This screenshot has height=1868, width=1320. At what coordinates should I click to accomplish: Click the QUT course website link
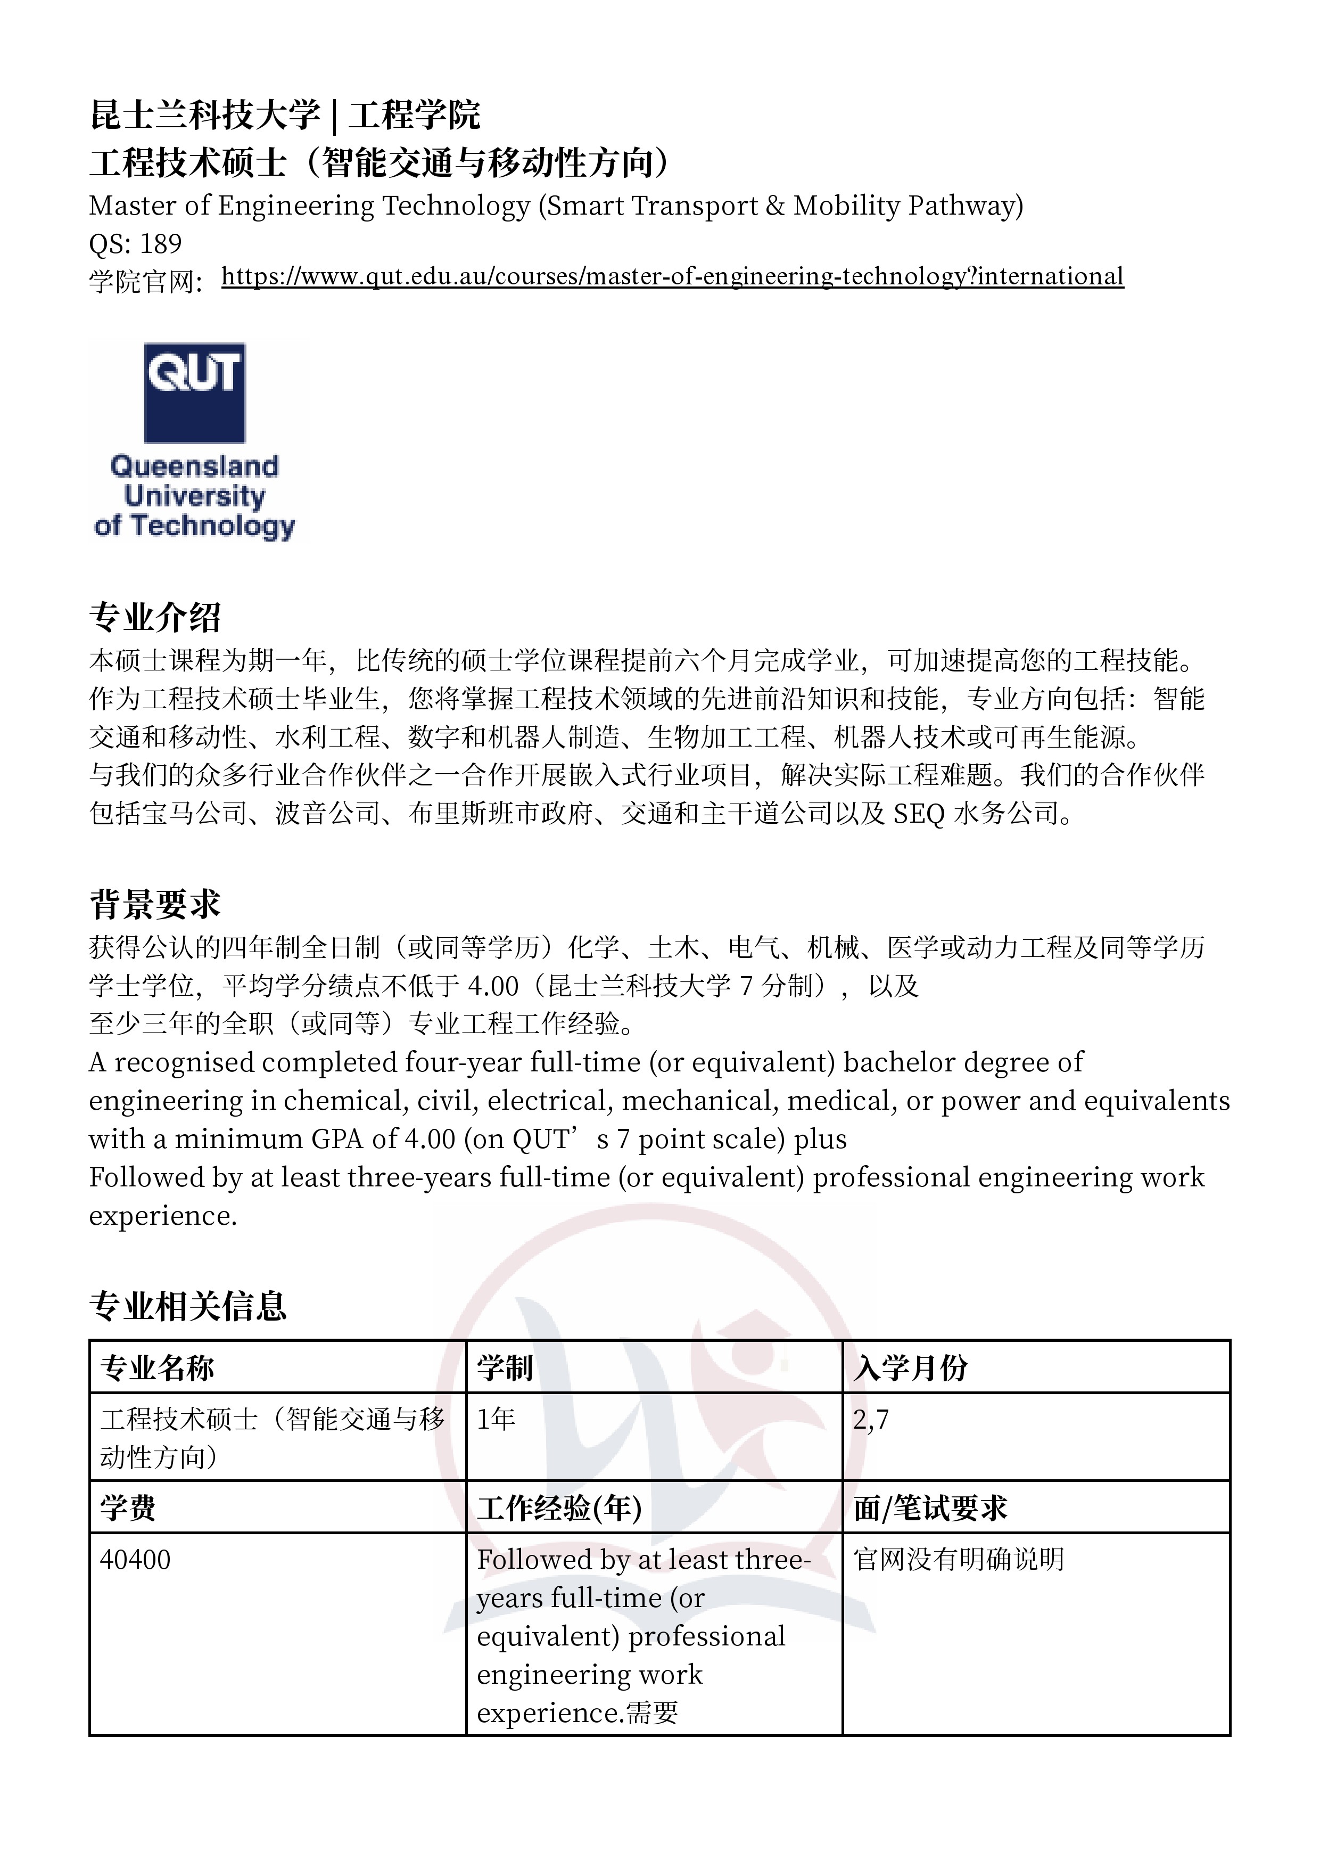672,276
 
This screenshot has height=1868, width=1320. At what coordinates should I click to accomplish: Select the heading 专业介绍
154,618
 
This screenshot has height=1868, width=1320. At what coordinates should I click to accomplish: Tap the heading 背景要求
154,904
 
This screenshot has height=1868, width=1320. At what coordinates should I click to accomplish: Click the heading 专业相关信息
188,1306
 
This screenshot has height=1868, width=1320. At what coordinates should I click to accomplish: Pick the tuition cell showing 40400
135,1560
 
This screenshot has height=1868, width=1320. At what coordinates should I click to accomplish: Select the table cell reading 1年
496,1420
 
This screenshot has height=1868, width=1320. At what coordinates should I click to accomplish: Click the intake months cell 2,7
871,1420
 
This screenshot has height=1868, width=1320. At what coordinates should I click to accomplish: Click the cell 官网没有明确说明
959,1560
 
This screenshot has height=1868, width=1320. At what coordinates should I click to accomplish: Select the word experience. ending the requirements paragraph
163,1216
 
